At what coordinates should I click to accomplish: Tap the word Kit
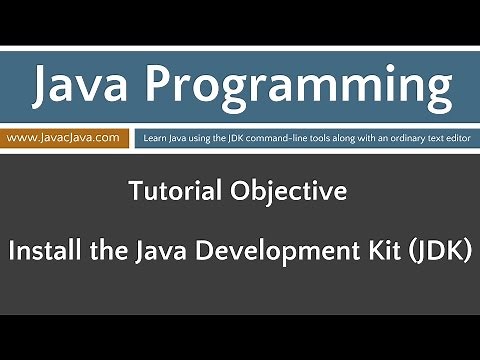pyautogui.click(x=362, y=248)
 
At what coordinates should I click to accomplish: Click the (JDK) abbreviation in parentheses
pyautogui.click(x=424, y=248)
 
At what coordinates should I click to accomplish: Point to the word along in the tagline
pyautogui.click(x=343, y=136)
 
